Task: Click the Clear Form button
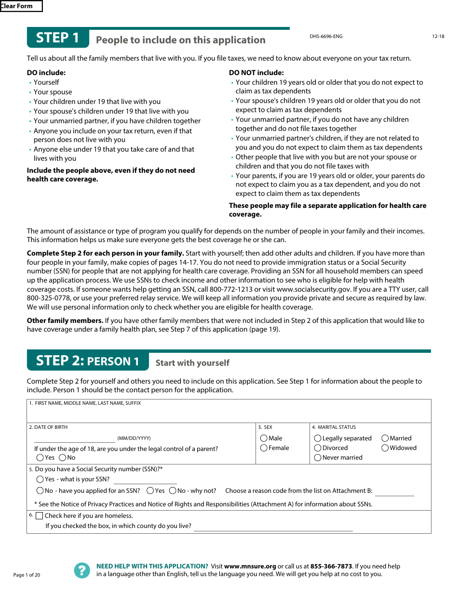pos(21,6)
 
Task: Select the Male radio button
pos(264,438)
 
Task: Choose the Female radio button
pos(264,448)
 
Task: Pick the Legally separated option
pos(318,438)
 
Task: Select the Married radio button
pos(385,438)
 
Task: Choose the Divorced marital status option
pos(318,448)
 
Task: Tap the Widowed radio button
pos(385,448)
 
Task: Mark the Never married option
pos(318,458)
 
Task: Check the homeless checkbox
pos(40,516)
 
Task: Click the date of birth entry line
pos(74,438)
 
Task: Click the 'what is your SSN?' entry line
pos(145,480)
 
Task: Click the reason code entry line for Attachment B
pos(394,491)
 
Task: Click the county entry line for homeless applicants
pos(273,527)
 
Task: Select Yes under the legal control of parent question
pos(40,458)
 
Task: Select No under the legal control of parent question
pos(63,458)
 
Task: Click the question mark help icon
pos(82,570)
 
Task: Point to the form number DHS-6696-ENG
pos(326,37)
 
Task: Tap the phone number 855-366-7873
pos(331,566)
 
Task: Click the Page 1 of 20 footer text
pos(27,575)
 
